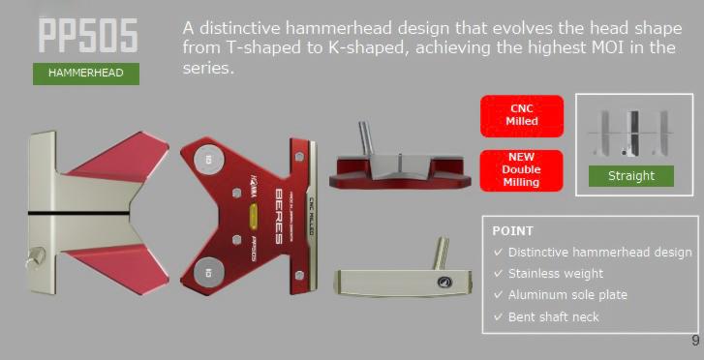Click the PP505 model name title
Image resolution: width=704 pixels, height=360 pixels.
pyautogui.click(x=87, y=37)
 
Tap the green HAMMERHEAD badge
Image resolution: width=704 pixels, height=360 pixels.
pyautogui.click(x=86, y=73)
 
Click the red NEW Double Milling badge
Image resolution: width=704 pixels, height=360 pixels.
pyautogui.click(x=521, y=168)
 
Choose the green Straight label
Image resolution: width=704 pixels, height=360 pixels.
pyautogui.click(x=631, y=176)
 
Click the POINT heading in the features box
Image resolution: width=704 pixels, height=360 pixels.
pyautogui.click(x=513, y=231)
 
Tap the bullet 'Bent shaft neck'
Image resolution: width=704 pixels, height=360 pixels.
pyautogui.click(x=553, y=316)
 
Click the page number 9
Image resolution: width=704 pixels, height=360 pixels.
pyautogui.click(x=695, y=340)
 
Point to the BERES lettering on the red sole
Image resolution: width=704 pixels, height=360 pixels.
pyautogui.click(x=281, y=211)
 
